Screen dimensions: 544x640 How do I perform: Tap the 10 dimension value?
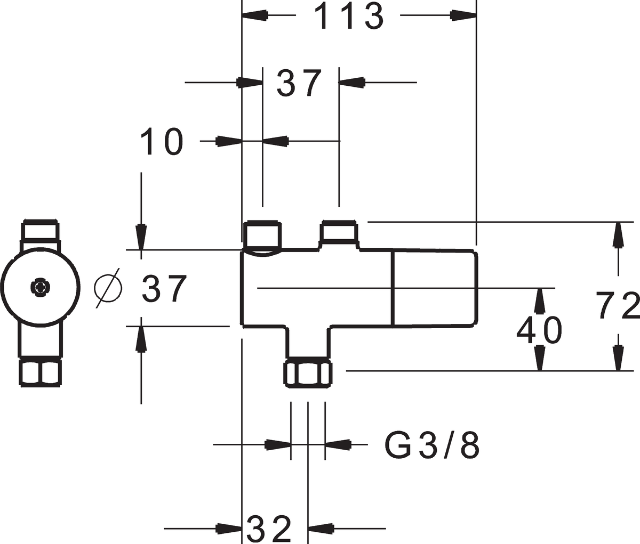pyautogui.click(x=162, y=141)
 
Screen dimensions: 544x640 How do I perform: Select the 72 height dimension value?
pyautogui.click(x=618, y=305)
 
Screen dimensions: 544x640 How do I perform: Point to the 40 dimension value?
pyautogui.click(x=539, y=330)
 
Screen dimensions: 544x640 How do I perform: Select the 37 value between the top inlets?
pyautogui.click(x=299, y=83)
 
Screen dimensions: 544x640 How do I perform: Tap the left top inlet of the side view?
pyautogui.click(x=262, y=234)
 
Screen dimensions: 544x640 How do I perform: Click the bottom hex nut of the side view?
pyautogui.click(x=308, y=372)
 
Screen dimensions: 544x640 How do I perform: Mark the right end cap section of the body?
pyautogui.click(x=435, y=288)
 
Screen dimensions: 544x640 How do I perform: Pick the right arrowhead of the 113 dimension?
pyautogui.click(x=463, y=15)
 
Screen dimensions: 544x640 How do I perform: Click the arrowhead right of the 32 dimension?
pyautogui.click(x=321, y=529)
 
